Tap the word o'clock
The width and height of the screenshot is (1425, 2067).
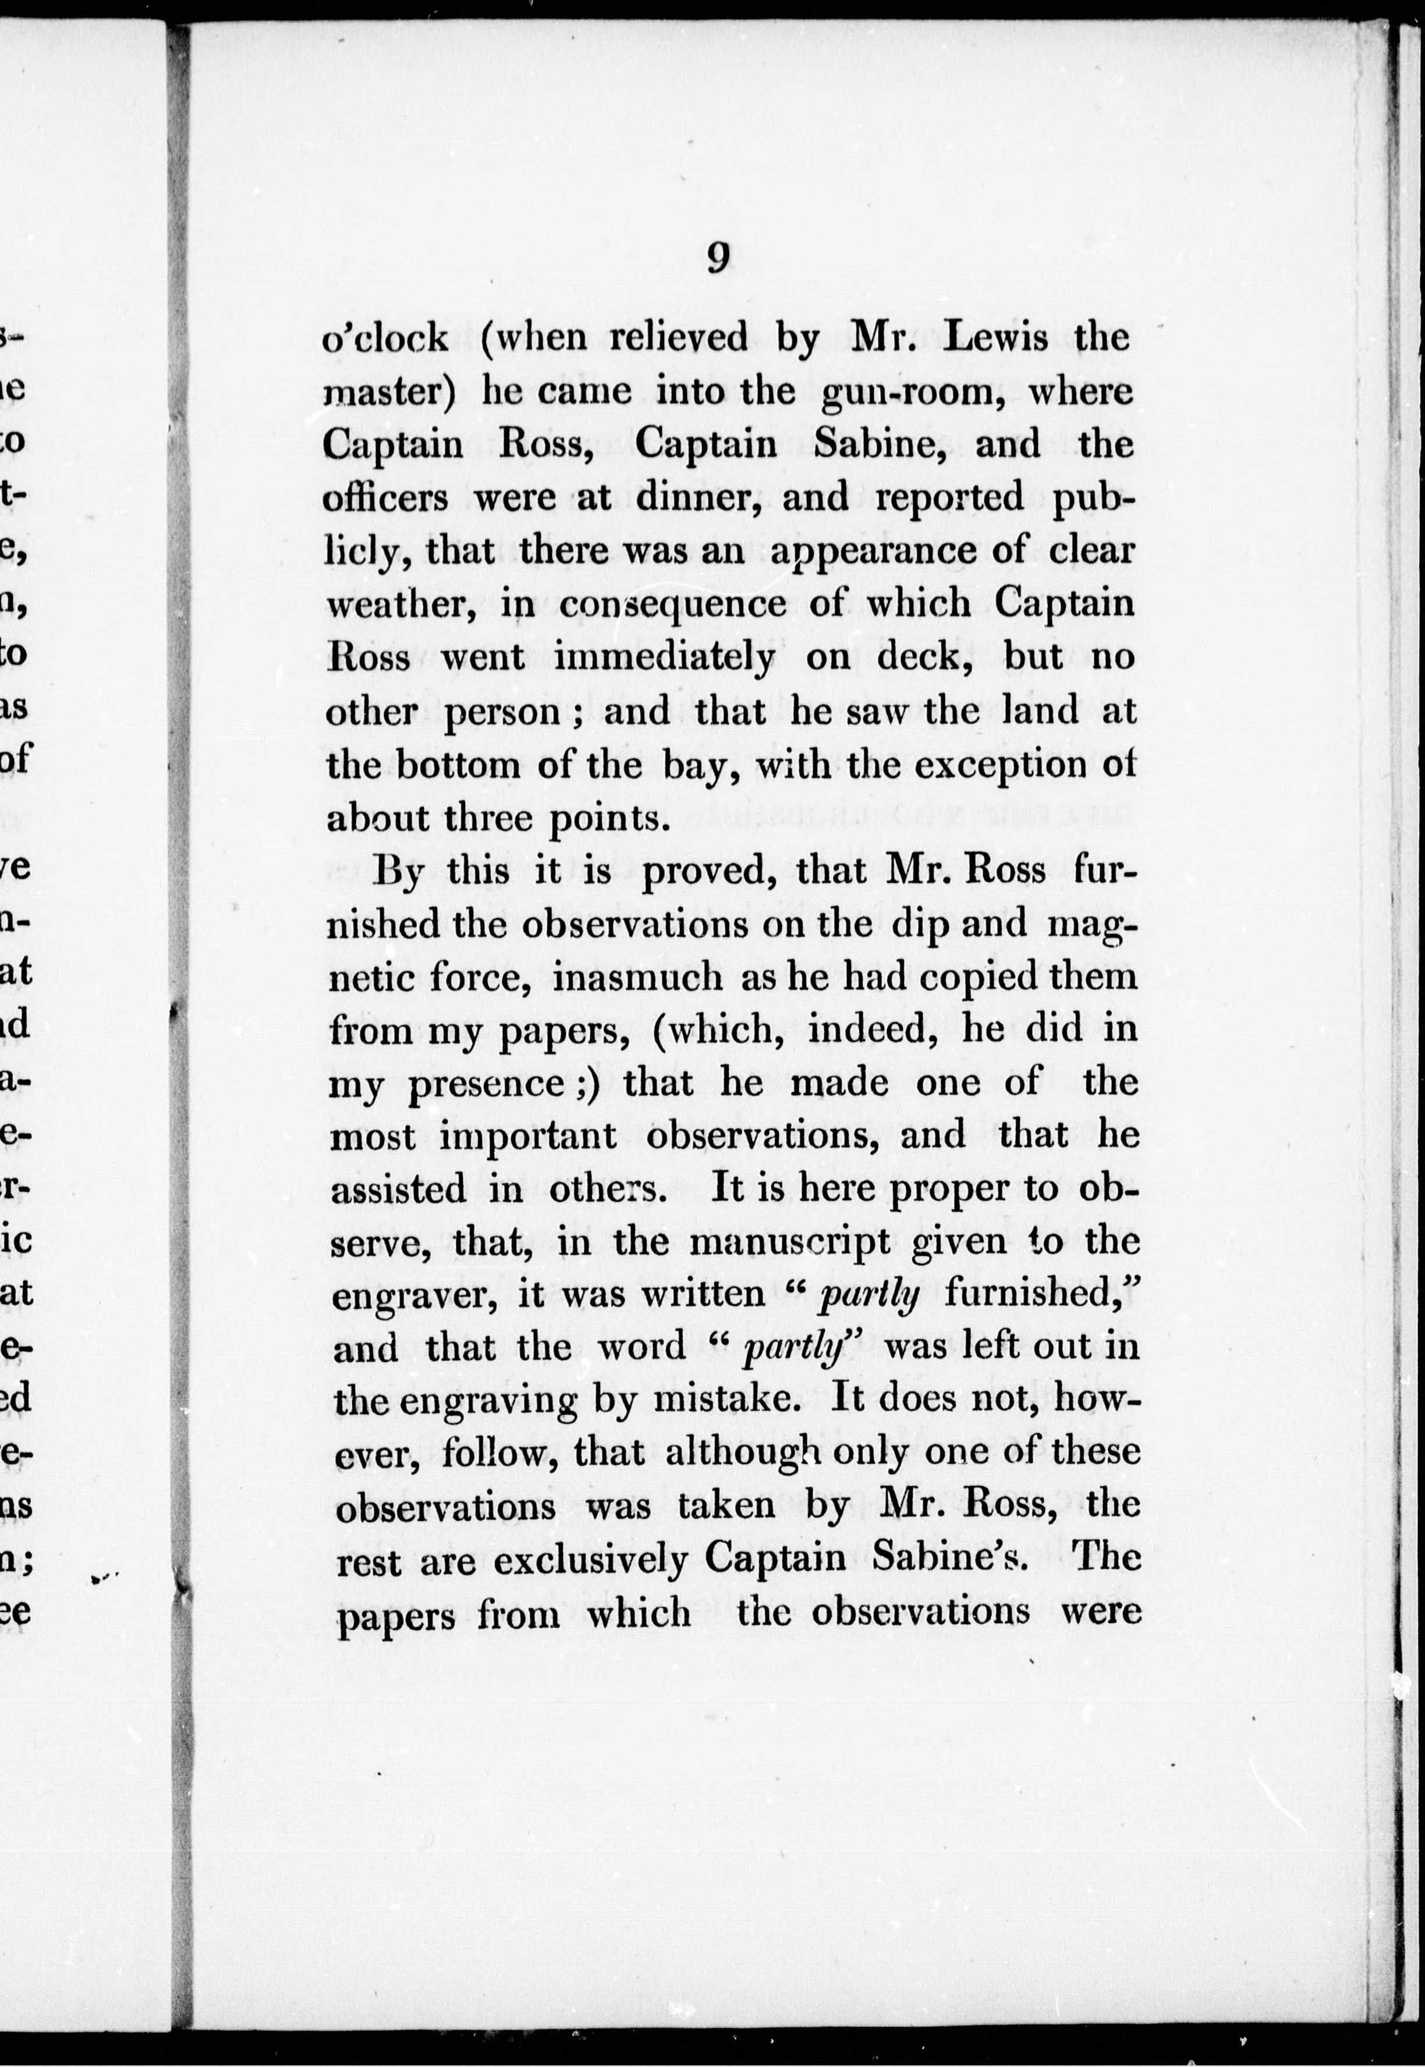pos(385,338)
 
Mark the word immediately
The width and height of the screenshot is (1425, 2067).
pos(664,658)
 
